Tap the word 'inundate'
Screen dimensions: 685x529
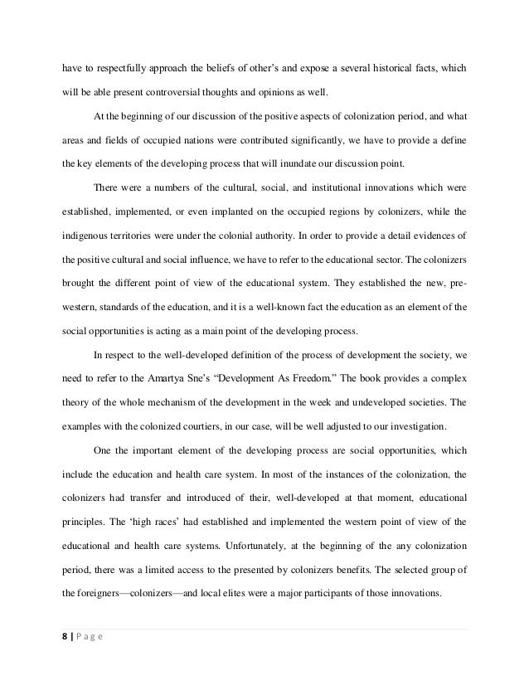(x=311, y=163)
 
